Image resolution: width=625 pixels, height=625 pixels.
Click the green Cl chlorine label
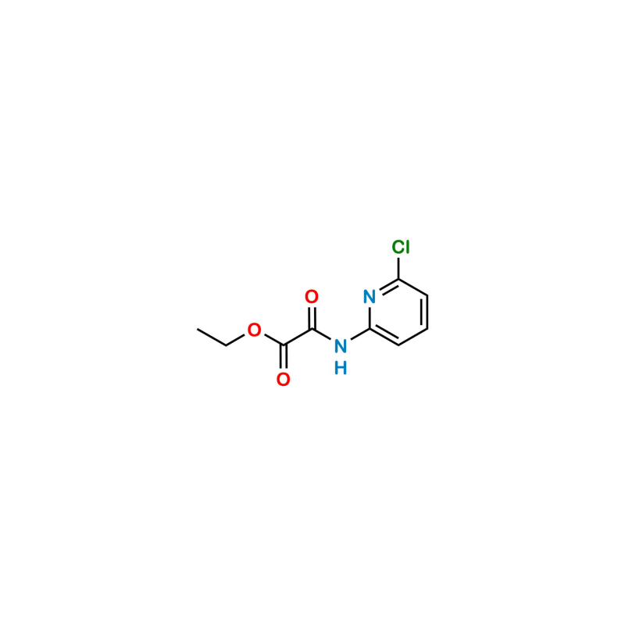pos(400,248)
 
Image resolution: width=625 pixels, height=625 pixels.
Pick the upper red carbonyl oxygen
pos(311,296)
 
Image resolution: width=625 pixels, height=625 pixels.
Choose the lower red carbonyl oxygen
pos(283,380)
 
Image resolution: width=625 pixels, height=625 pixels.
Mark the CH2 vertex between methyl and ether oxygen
pos(225,345)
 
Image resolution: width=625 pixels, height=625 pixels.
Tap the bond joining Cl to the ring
pos(399,268)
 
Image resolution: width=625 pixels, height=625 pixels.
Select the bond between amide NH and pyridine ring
pos(355,337)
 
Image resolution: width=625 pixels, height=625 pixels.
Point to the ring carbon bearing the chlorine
pos(399,281)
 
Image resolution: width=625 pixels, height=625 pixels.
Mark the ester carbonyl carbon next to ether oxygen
pos(283,345)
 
